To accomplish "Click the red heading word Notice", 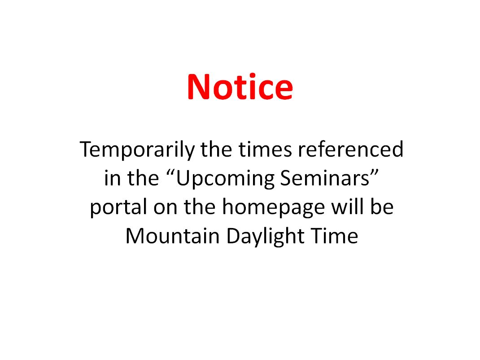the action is tap(240, 87).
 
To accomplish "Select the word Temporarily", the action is tap(137, 150).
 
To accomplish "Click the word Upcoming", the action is tap(225, 179).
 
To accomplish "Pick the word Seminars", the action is tap(325, 178).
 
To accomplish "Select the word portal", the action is tap(118, 208).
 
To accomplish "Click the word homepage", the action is tap(273, 208).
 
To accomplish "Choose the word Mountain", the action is tap(172, 236).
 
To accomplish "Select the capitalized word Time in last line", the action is tap(334, 236).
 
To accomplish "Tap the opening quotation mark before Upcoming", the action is tap(171, 172).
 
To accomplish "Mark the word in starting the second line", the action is tap(112, 178).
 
